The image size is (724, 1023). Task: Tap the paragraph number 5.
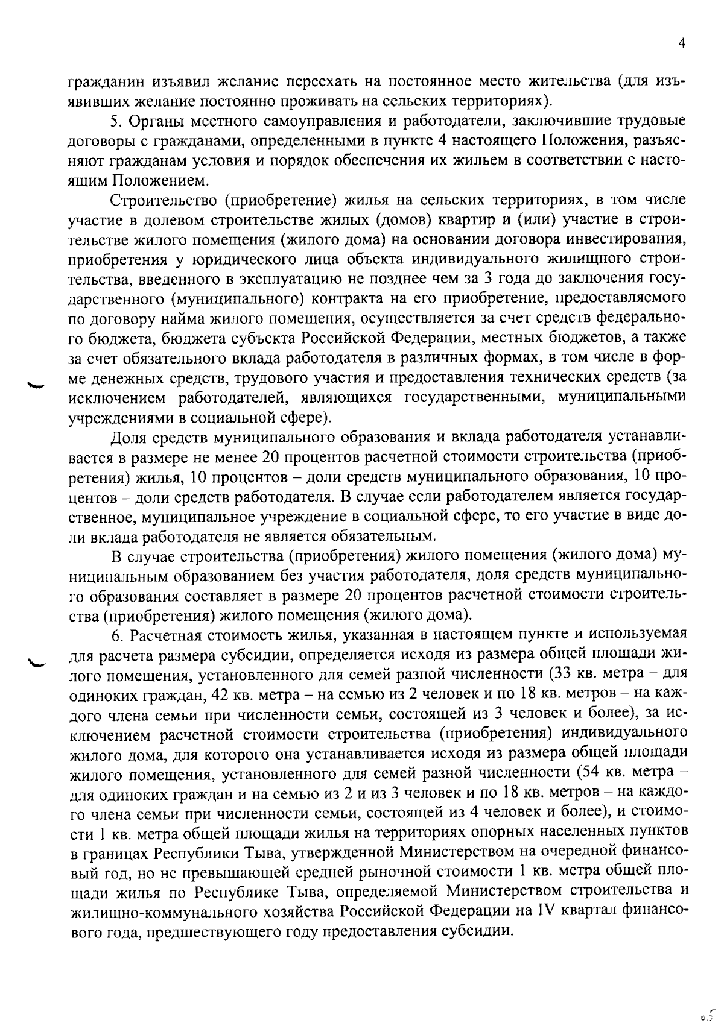[x=115, y=121]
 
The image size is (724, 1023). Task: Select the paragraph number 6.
[x=115, y=635]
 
